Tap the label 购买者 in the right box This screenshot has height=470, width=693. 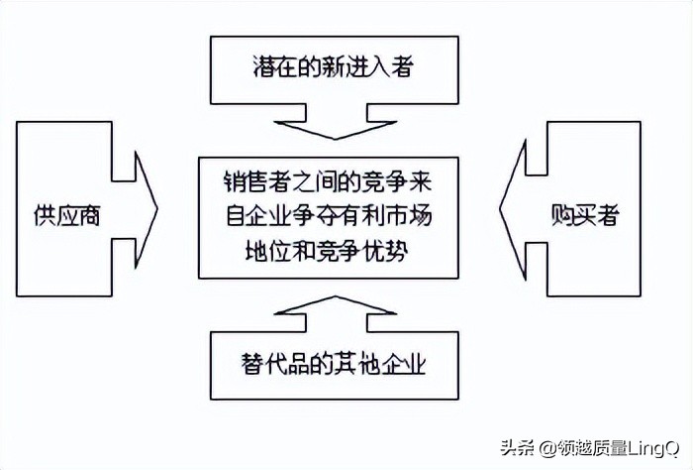pyautogui.click(x=584, y=215)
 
